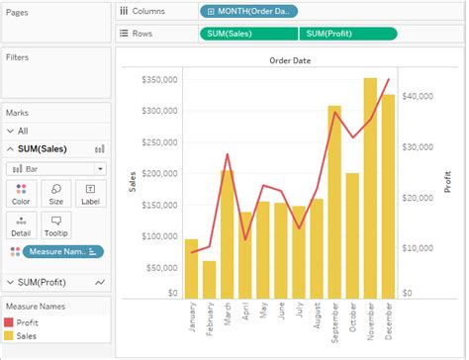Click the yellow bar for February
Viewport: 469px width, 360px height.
click(x=209, y=279)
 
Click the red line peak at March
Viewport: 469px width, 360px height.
click(x=228, y=154)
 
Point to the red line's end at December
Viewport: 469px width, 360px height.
click(x=388, y=79)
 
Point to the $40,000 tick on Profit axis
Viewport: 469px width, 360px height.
click(x=422, y=96)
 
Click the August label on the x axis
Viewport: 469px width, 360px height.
click(x=317, y=319)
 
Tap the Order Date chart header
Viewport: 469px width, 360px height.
click(x=290, y=60)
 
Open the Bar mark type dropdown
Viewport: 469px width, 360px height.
click(x=57, y=168)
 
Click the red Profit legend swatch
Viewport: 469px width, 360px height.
click(x=10, y=322)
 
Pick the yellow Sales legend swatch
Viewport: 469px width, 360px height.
click(x=10, y=336)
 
